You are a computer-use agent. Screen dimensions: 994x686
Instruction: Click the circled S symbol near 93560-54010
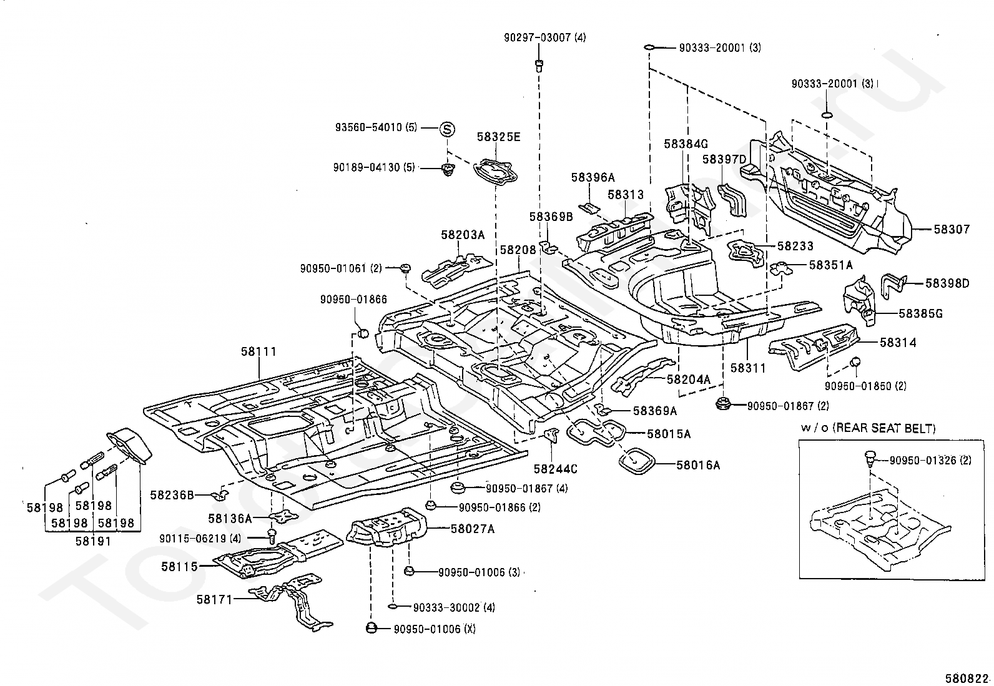(x=447, y=129)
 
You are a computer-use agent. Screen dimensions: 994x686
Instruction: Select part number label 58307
(x=952, y=230)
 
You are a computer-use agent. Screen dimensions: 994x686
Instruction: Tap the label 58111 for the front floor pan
(x=258, y=351)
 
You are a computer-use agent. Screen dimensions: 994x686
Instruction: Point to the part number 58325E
(x=498, y=137)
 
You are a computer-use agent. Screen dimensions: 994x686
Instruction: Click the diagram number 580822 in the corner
(x=967, y=679)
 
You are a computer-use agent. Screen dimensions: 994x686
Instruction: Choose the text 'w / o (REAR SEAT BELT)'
(x=868, y=429)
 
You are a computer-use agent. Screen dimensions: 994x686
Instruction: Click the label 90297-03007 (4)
(x=544, y=37)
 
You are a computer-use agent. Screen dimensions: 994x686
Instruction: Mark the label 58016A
(x=698, y=465)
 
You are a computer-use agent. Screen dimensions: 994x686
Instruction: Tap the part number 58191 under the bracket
(x=93, y=541)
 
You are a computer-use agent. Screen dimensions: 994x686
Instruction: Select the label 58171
(x=214, y=599)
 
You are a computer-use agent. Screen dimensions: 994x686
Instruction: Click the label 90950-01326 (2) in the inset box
(x=930, y=461)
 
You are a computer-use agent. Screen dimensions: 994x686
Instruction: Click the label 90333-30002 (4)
(x=454, y=607)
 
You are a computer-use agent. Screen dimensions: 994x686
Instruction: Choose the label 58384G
(x=686, y=144)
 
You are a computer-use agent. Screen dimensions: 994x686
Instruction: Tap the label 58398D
(x=947, y=283)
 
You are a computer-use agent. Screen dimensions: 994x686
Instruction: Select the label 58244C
(x=555, y=469)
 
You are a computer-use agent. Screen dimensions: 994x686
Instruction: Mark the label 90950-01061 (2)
(x=341, y=268)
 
